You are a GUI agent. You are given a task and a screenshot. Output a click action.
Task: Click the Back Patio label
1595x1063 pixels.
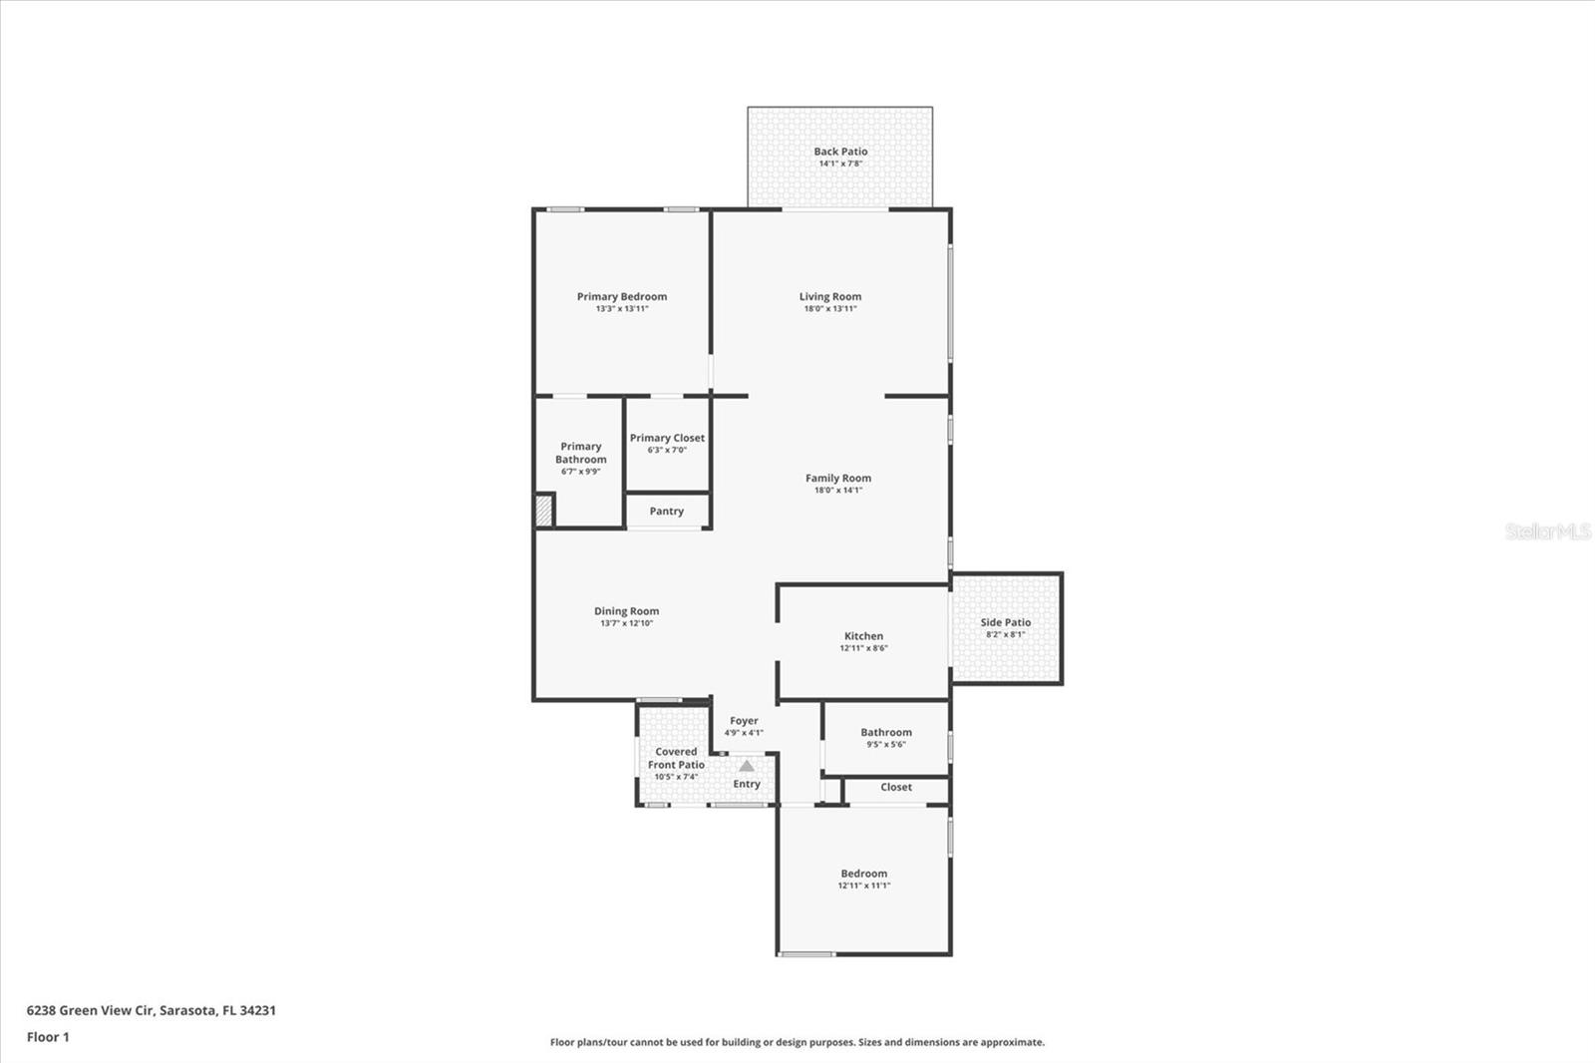(x=840, y=152)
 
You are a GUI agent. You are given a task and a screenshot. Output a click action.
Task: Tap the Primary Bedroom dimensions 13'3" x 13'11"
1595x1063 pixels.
(x=622, y=309)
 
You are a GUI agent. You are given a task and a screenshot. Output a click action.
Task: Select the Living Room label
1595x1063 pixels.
(x=830, y=296)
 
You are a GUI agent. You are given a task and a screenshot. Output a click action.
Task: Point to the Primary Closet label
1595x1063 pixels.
(x=667, y=438)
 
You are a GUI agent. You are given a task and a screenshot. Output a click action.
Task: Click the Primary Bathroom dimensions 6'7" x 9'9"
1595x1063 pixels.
(x=580, y=472)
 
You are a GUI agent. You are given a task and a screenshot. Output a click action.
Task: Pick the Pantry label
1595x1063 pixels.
(x=667, y=512)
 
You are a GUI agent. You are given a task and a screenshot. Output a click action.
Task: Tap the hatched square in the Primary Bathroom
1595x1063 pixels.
(x=543, y=511)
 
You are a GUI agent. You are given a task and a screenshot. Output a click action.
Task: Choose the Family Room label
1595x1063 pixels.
(x=838, y=478)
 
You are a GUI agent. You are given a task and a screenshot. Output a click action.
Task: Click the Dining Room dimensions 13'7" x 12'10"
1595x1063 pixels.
(x=626, y=623)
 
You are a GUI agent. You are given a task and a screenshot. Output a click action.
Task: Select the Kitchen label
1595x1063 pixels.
(x=863, y=635)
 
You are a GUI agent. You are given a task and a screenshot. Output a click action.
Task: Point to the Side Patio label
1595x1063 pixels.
(x=1006, y=622)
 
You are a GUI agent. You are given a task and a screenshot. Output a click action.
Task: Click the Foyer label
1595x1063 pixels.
(x=744, y=720)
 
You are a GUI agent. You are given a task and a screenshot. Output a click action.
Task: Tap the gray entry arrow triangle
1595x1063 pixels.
(x=747, y=766)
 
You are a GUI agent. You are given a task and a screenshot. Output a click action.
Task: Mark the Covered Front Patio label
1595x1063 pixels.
(x=676, y=758)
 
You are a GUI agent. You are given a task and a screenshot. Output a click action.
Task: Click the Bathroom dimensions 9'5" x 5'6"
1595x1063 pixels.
(x=886, y=744)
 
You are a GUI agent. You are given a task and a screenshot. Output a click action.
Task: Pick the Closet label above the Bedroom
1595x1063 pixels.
(x=896, y=787)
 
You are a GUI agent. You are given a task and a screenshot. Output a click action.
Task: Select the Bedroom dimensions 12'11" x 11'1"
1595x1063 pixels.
(x=863, y=886)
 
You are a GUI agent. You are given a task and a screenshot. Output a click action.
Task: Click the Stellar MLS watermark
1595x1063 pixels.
(x=1547, y=531)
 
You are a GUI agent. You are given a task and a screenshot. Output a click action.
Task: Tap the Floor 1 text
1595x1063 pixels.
(x=48, y=1037)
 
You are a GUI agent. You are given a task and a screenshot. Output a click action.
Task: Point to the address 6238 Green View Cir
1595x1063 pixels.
(x=151, y=1010)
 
